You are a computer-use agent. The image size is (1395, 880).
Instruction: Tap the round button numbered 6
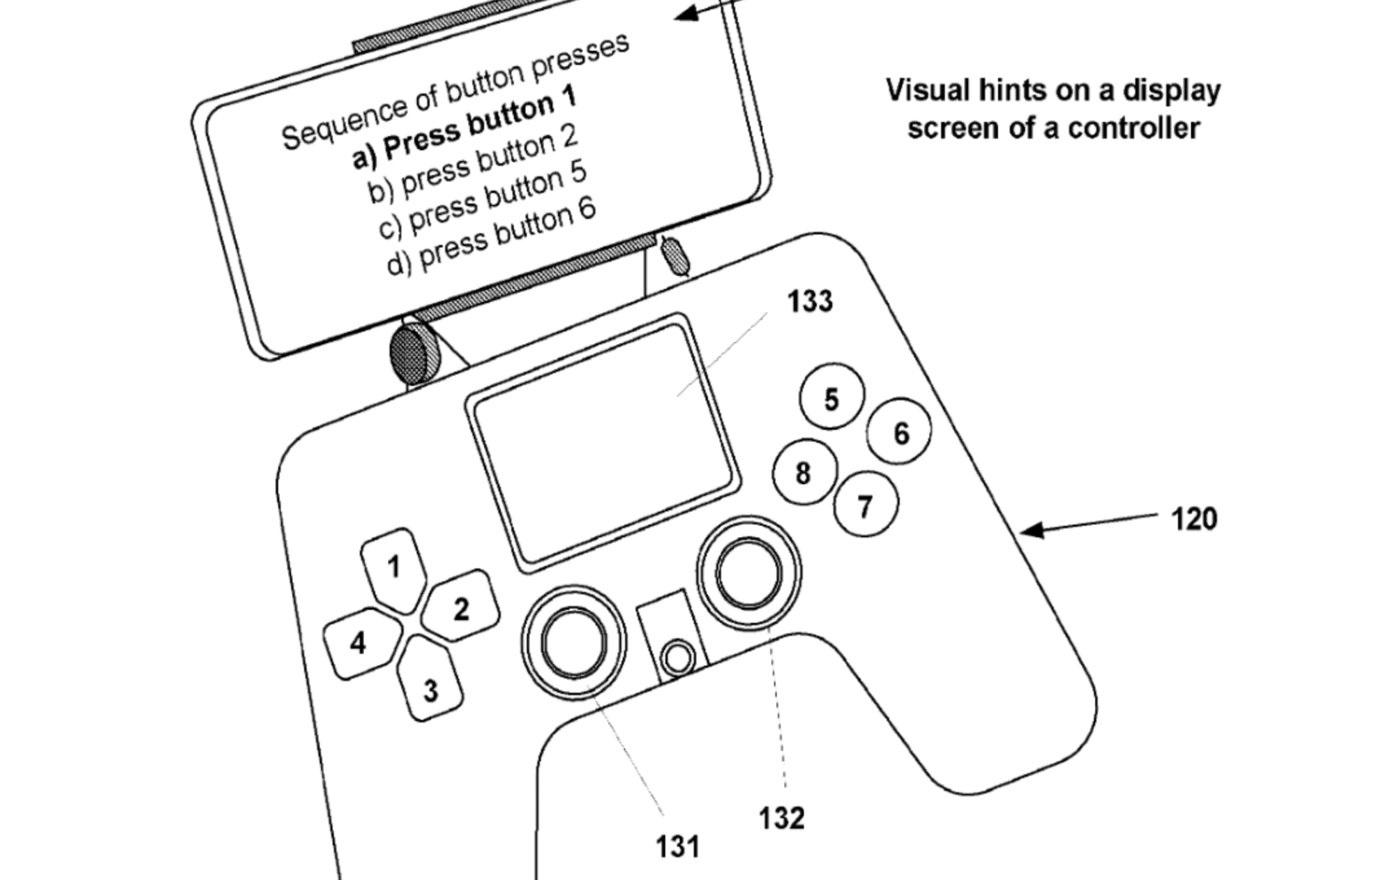900,432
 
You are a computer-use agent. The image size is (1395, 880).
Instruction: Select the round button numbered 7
866,505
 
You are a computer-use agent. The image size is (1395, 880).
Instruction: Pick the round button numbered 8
804,473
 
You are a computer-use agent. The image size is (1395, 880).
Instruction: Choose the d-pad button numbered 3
430,687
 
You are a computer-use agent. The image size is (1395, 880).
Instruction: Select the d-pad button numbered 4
359,642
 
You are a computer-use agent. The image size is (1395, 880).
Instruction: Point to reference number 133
810,301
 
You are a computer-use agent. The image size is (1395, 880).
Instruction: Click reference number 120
1193,519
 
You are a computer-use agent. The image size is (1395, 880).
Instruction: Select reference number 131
677,847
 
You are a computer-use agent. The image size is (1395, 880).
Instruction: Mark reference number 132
781,817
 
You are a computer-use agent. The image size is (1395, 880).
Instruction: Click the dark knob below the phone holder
414,353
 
